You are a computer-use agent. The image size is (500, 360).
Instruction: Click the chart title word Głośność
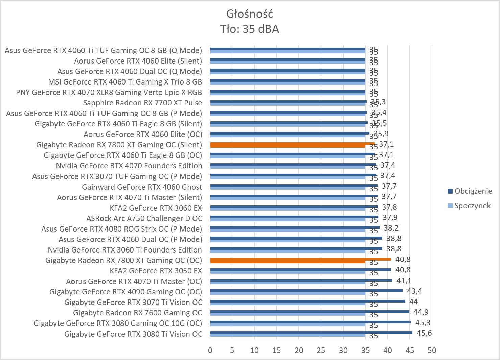click(250, 14)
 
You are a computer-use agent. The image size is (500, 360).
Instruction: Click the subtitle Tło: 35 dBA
click(250, 29)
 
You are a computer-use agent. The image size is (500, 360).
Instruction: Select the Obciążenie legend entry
click(473, 191)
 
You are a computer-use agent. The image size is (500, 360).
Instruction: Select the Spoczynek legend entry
click(472, 206)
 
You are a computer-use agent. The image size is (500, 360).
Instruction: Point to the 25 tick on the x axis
click(321, 350)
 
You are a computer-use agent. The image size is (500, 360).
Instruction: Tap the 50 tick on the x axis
click(432, 350)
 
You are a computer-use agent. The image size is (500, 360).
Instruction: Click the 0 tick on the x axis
click(210, 350)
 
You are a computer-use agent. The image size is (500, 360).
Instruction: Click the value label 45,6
click(424, 333)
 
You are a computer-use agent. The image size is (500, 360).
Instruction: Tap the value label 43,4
click(415, 291)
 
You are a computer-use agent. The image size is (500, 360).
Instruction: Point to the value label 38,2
click(391, 228)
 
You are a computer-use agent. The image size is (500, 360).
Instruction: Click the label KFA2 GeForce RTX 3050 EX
click(156, 271)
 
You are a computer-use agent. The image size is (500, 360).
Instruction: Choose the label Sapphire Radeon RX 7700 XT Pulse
click(142, 103)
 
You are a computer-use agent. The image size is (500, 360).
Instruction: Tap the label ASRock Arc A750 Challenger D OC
click(144, 218)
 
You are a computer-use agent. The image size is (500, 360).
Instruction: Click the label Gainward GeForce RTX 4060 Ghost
click(142, 187)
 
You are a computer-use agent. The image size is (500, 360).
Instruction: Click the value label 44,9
click(422, 312)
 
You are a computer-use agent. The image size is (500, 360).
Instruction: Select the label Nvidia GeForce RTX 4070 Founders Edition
click(129, 166)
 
